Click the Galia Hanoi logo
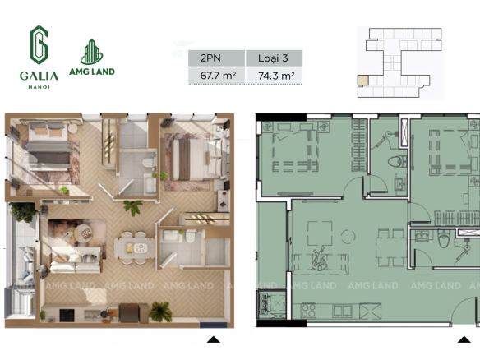(39, 58)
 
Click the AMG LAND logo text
(92, 72)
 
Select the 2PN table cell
(216, 58)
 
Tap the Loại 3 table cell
(274, 58)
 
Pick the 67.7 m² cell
(216, 76)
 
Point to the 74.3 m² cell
(274, 76)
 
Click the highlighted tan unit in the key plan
(363, 81)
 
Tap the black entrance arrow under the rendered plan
(214, 339)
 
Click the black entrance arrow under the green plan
(464, 339)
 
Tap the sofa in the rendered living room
(76, 260)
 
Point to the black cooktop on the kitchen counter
(67, 316)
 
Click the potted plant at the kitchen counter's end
(160, 312)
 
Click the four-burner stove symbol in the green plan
(308, 310)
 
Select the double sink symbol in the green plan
(343, 311)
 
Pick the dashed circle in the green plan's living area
(348, 237)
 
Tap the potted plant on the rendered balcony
(23, 212)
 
